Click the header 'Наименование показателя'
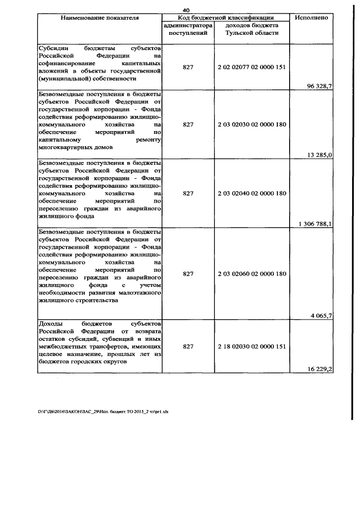click(99, 18)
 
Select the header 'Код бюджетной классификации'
click(226, 18)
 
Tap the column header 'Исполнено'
click(311, 18)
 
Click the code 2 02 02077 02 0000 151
click(252, 67)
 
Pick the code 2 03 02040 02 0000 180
click(252, 193)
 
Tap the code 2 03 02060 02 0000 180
click(252, 273)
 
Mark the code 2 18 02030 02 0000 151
click(252, 347)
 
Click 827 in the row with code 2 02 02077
click(188, 67)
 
